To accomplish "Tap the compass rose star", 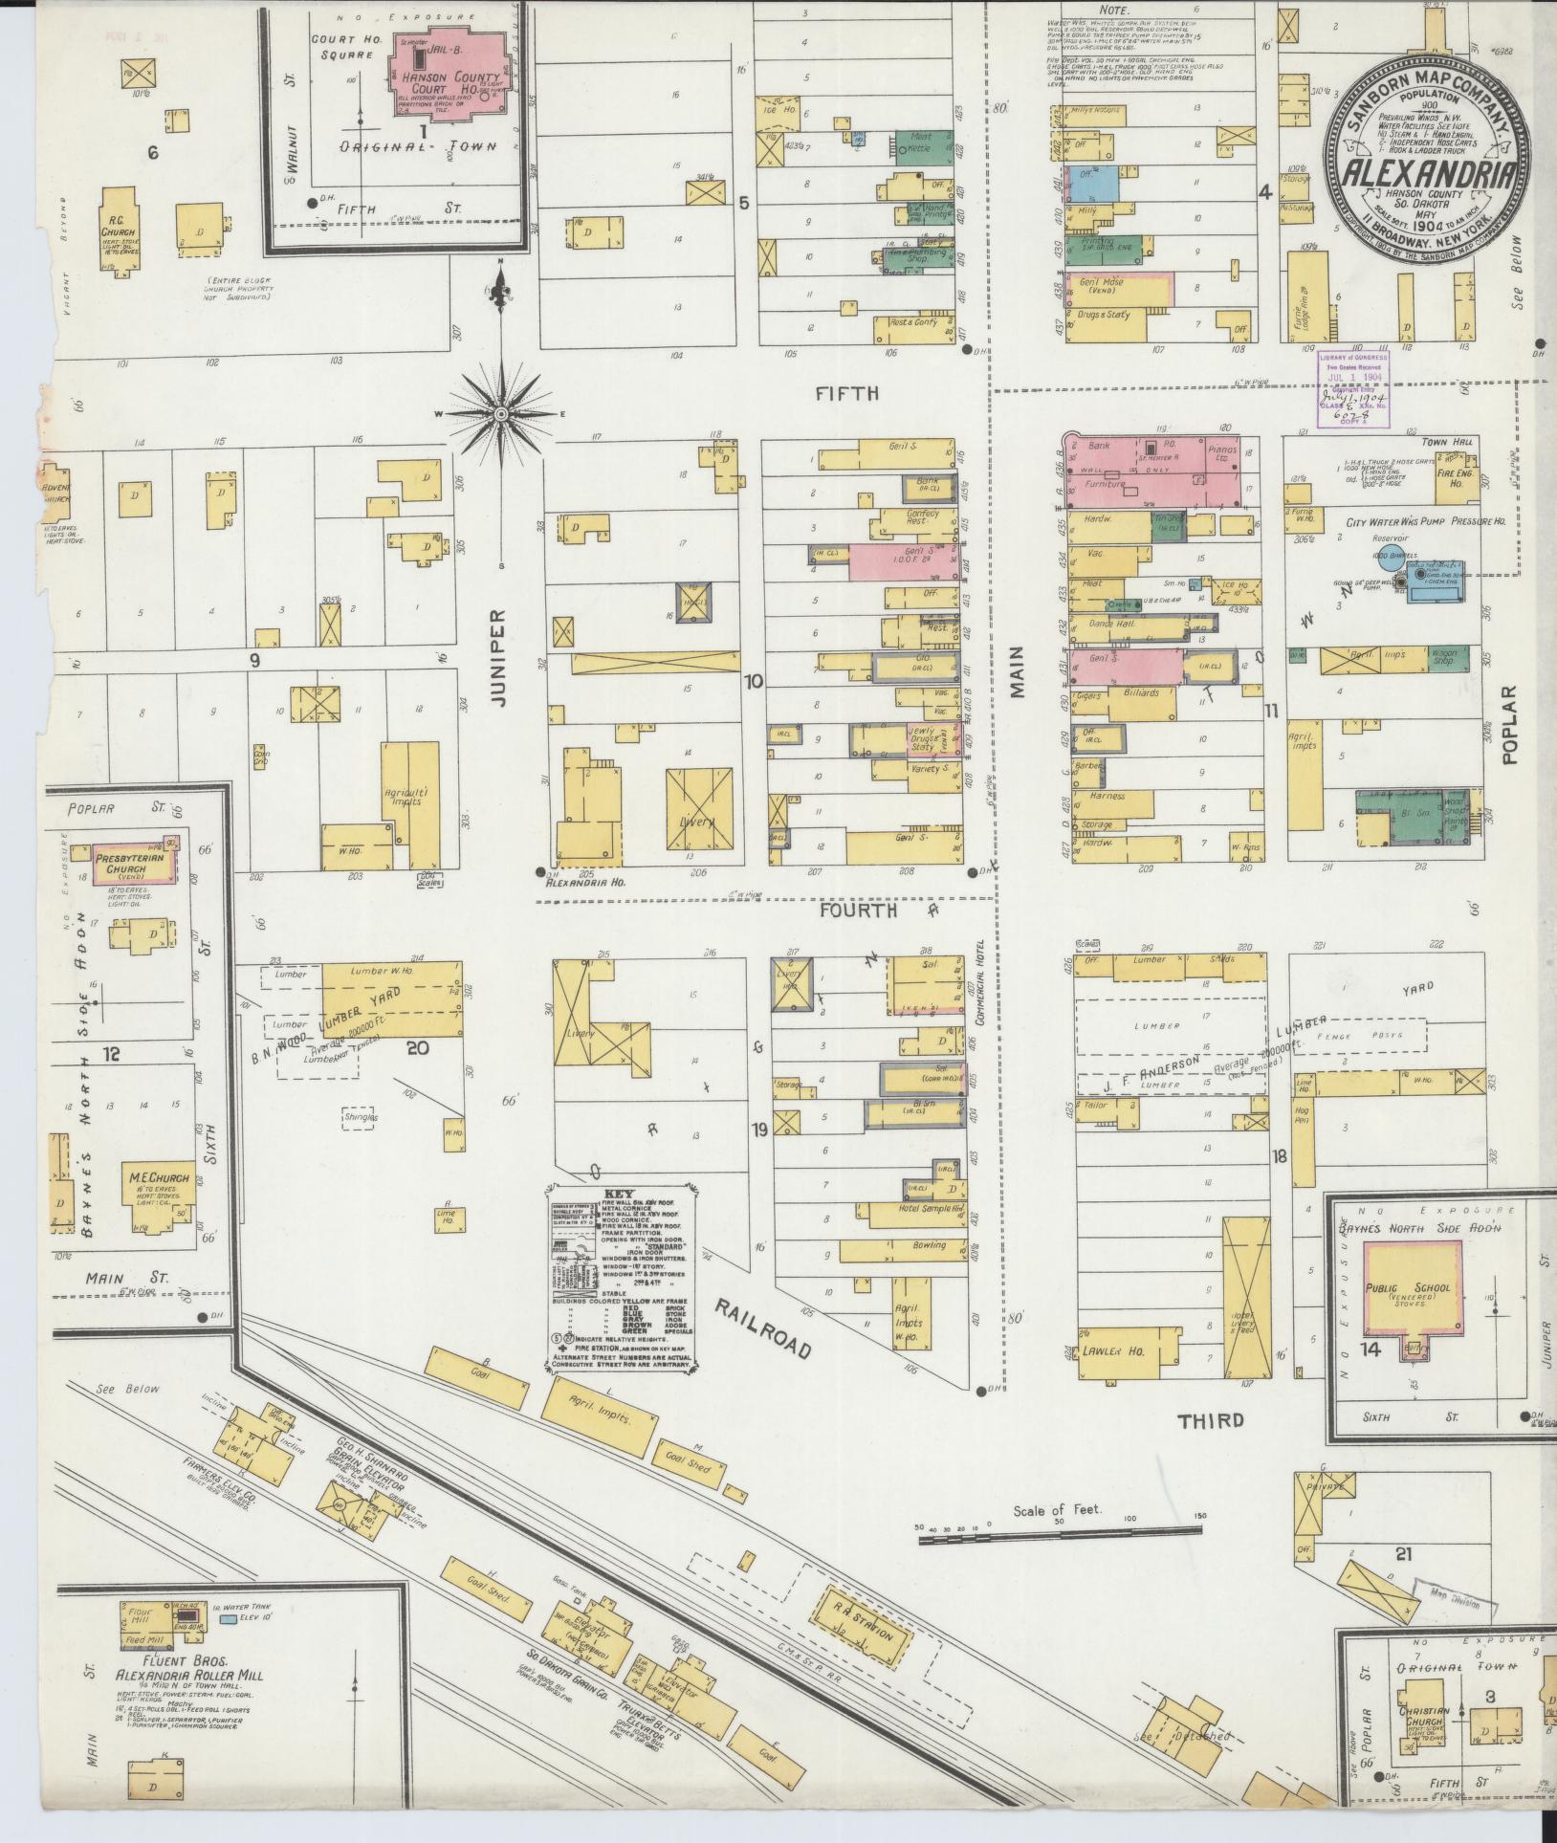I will point(500,414).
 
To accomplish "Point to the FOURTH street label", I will point(857,911).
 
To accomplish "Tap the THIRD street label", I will point(1211,1420).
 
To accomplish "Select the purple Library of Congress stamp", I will point(1351,388).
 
